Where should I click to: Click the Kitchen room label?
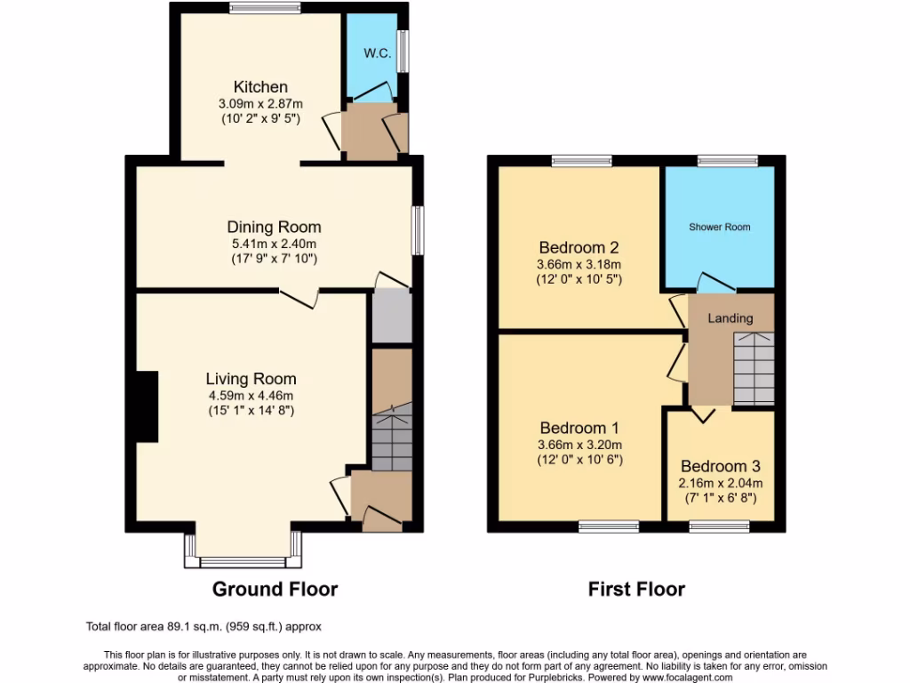pyautogui.click(x=260, y=87)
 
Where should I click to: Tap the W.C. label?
pyautogui.click(x=377, y=53)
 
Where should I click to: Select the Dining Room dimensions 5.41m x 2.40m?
pyautogui.click(x=273, y=243)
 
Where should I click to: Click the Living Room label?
pyautogui.click(x=251, y=379)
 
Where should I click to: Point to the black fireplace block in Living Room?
pyautogui.click(x=146, y=406)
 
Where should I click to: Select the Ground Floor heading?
pyautogui.click(x=275, y=589)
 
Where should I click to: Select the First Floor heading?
pyautogui.click(x=636, y=589)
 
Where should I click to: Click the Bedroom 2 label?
pyautogui.click(x=579, y=247)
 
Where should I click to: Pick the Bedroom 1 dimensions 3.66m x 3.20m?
pyautogui.click(x=579, y=446)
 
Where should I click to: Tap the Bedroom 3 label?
pyautogui.click(x=720, y=466)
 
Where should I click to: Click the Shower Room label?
pyautogui.click(x=719, y=227)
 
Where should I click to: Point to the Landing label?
pyautogui.click(x=730, y=318)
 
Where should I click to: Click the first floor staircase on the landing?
pyautogui.click(x=754, y=368)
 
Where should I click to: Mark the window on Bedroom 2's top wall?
pyautogui.click(x=581, y=161)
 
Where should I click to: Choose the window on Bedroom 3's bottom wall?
pyautogui.click(x=719, y=526)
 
